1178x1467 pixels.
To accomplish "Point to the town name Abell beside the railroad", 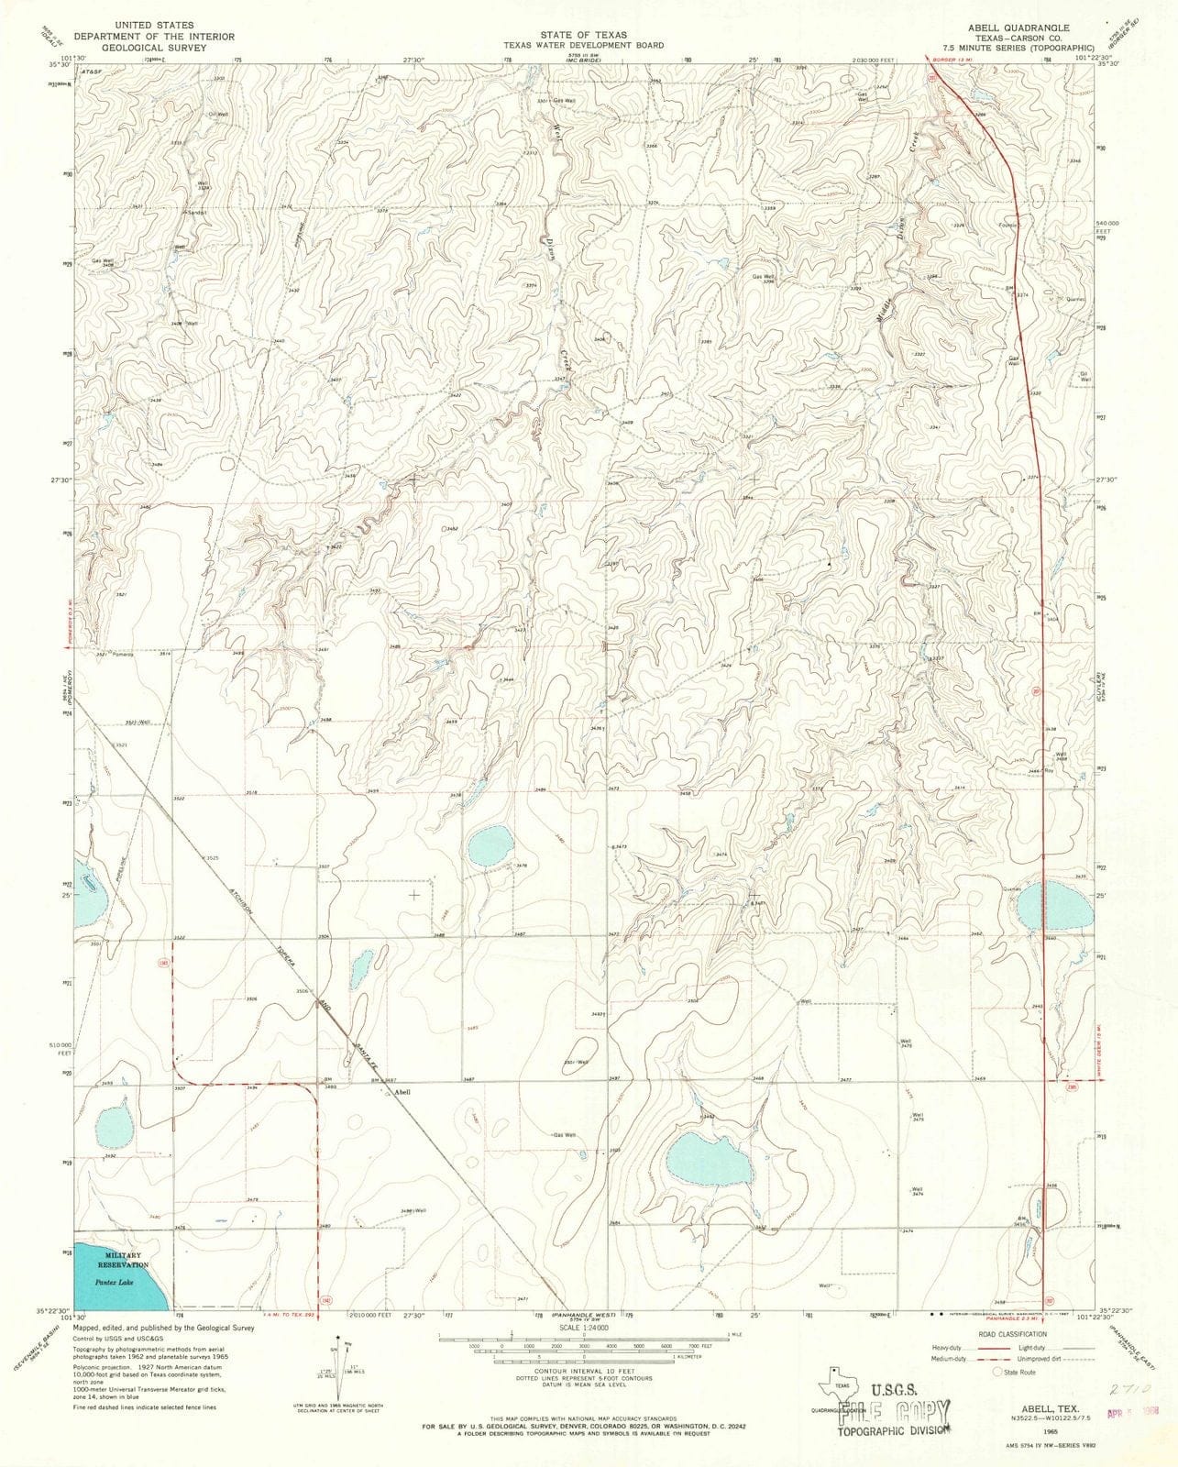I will (402, 1093).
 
